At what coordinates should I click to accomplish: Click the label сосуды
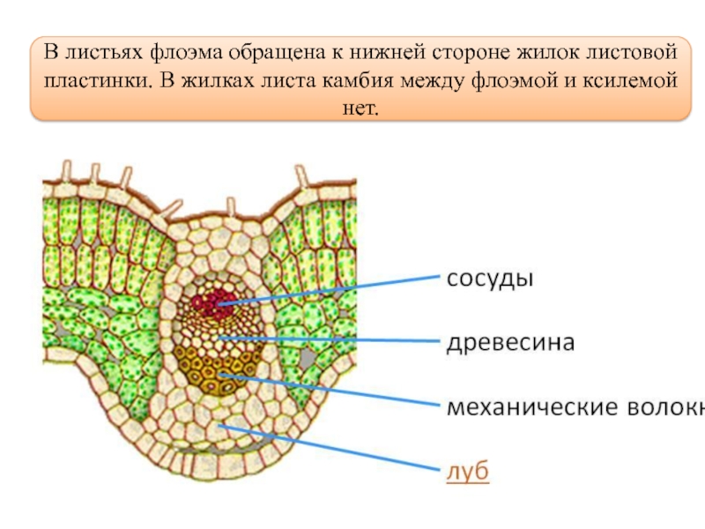click(491, 279)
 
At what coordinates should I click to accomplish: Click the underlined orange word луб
click(469, 472)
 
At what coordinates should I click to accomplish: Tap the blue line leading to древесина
click(335, 339)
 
